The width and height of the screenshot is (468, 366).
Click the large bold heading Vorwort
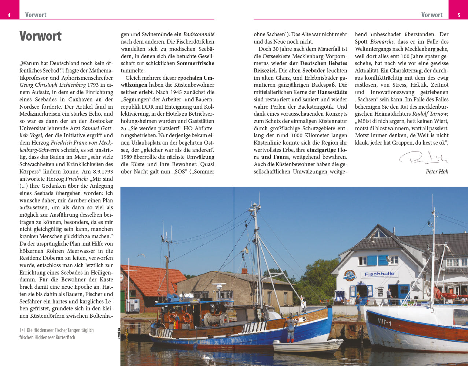coord(41,36)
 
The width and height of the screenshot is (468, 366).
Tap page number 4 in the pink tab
coord(9,15)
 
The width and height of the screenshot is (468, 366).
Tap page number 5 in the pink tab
coord(459,15)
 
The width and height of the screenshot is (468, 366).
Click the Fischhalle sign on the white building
coord(380,274)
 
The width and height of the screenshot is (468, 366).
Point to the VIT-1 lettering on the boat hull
coord(384,322)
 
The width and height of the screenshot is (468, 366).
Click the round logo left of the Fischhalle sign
coord(350,275)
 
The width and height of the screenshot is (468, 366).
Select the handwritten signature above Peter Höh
coord(424,158)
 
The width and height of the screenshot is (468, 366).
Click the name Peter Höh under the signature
coord(437,171)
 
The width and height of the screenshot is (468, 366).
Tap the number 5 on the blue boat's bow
coord(304,319)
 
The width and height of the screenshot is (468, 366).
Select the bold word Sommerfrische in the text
coord(195,63)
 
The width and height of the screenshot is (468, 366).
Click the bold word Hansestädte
coord(332,92)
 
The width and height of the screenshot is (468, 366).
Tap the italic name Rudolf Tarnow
coord(430,114)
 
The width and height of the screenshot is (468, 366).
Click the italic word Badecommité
coord(199,34)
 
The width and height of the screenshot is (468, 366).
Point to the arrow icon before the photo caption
coord(22,330)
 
